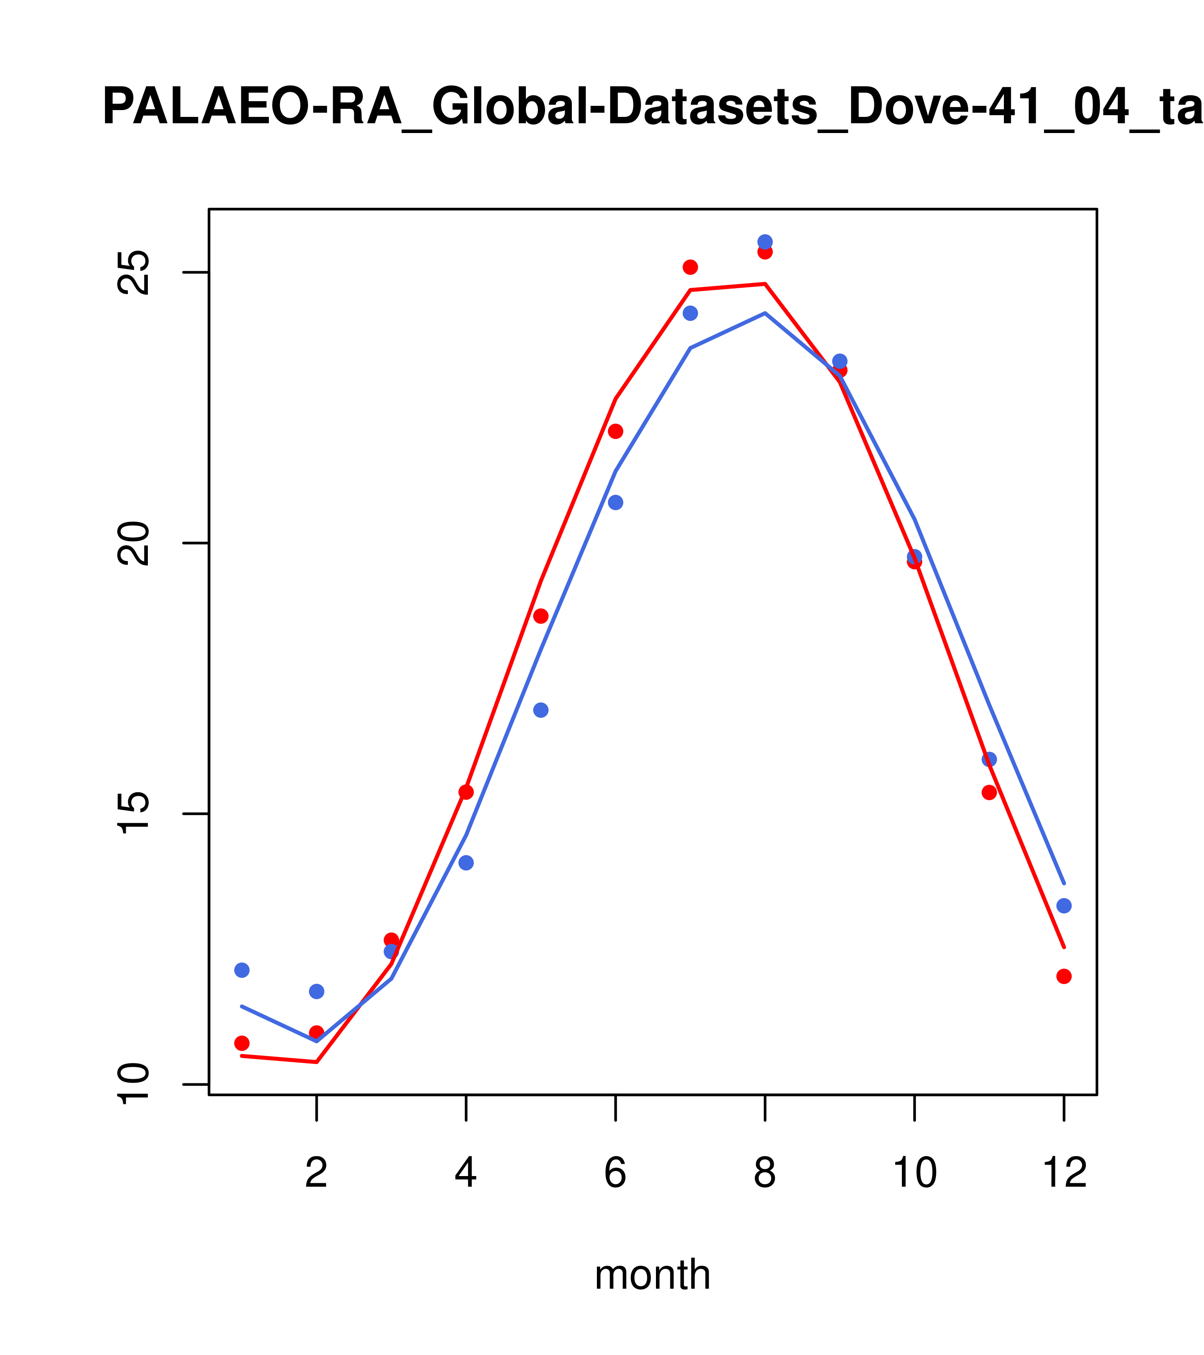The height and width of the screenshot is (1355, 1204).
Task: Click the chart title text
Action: coord(653,108)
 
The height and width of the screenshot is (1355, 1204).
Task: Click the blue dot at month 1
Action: coord(242,970)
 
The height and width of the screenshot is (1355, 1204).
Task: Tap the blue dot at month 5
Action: coord(541,710)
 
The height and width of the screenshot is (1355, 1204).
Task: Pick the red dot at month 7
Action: coord(690,267)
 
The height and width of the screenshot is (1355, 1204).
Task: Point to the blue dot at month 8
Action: coord(765,242)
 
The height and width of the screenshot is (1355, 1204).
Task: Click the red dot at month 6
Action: coord(616,431)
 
